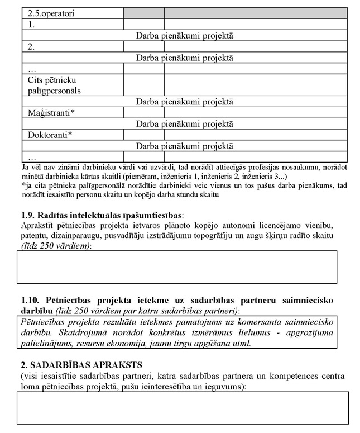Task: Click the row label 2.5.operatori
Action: [x=51, y=12]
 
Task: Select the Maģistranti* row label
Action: [x=51, y=112]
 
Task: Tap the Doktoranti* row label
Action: [x=51, y=135]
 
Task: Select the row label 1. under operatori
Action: [x=32, y=25]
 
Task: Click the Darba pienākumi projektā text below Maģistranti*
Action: [x=185, y=123]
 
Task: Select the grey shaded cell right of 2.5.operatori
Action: [x=143, y=12]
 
